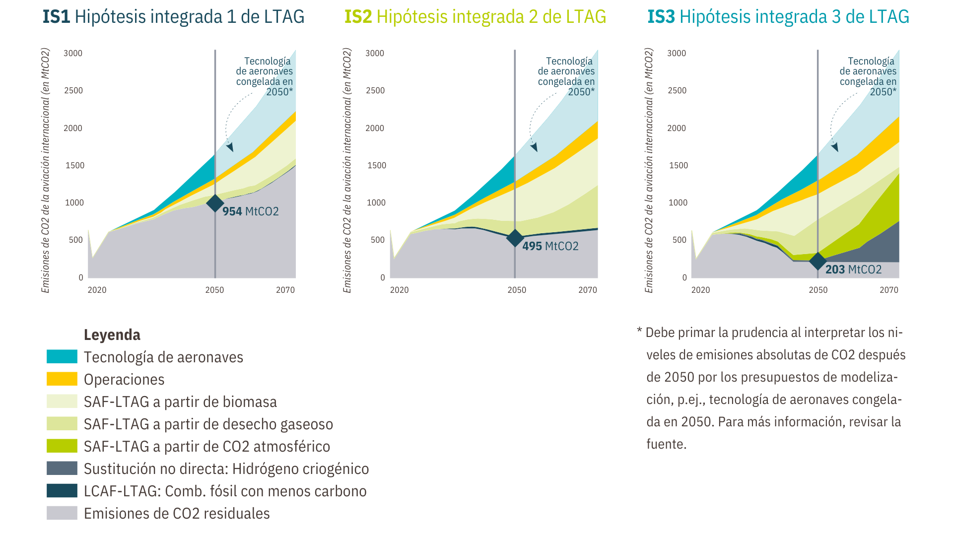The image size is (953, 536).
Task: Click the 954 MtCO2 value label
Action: (x=250, y=211)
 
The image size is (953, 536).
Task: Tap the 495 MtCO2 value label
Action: (x=550, y=246)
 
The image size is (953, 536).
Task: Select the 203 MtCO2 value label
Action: (x=853, y=269)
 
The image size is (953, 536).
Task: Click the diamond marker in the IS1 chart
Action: (x=215, y=203)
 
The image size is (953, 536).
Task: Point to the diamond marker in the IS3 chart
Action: (x=817, y=261)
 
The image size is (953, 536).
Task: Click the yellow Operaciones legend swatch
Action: (x=62, y=379)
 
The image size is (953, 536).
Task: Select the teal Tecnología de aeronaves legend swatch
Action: (x=62, y=357)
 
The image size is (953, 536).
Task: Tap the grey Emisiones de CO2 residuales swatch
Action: (x=62, y=513)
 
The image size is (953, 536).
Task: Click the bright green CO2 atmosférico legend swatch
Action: (x=62, y=446)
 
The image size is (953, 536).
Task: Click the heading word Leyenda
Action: (x=112, y=335)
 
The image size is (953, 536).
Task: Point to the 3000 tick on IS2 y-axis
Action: (x=374, y=53)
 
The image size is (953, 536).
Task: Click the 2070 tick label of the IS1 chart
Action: (x=285, y=290)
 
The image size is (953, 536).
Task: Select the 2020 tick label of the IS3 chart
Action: (x=700, y=290)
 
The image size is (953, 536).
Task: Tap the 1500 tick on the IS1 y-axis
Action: (x=74, y=165)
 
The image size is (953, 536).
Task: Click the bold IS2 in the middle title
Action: (x=358, y=17)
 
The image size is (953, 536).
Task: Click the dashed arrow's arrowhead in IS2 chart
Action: (x=534, y=147)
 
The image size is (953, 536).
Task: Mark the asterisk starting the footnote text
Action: (x=639, y=331)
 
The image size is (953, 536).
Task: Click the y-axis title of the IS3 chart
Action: (x=649, y=170)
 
